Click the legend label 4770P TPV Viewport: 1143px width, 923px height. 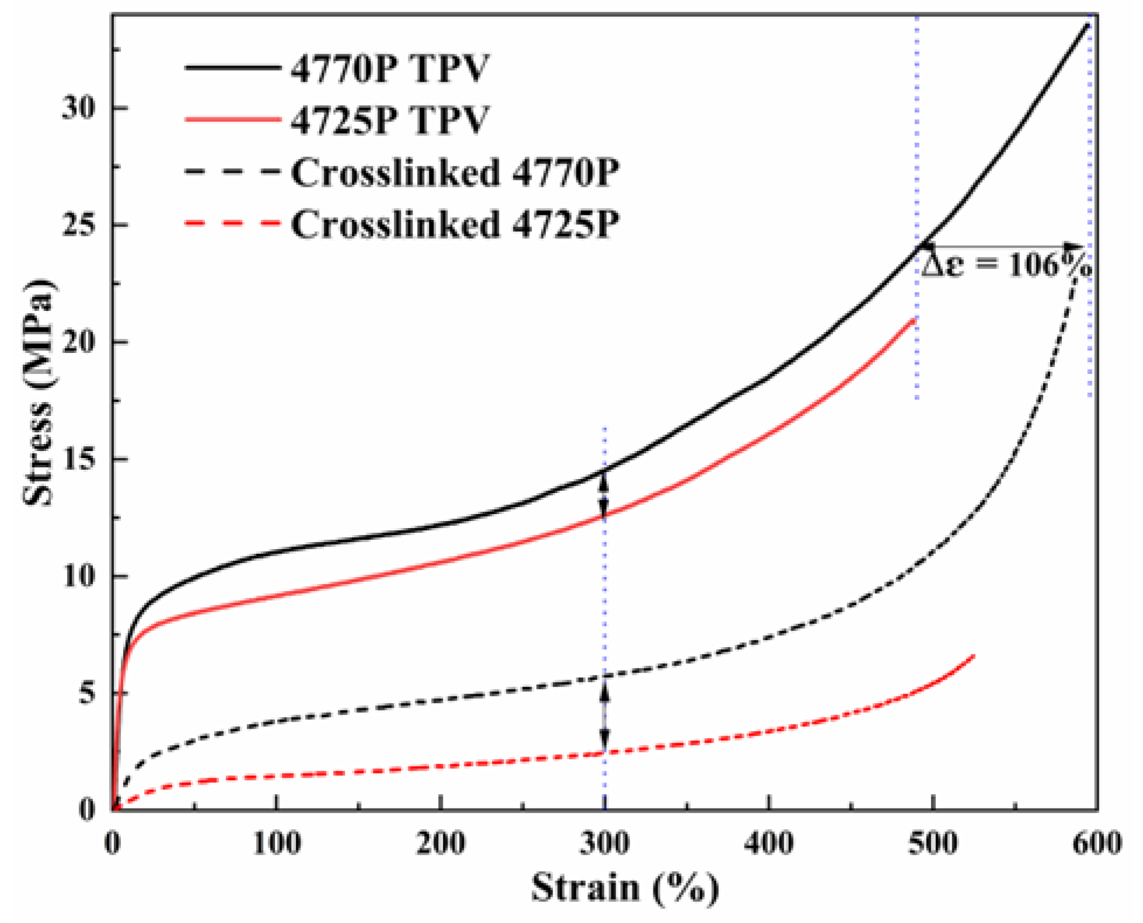(x=390, y=69)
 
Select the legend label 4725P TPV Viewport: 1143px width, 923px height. (x=390, y=121)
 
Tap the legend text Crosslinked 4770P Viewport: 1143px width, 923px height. (x=455, y=173)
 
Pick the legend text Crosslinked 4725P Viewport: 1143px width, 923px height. (x=455, y=224)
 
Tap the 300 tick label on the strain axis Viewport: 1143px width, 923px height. (x=604, y=844)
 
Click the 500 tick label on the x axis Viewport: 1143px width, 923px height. (x=934, y=844)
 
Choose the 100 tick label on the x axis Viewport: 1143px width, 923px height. (x=277, y=844)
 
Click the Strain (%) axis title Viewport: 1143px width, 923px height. (x=624, y=889)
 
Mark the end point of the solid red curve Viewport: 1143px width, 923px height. (x=914, y=320)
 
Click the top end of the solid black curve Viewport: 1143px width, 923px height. (x=1088, y=25)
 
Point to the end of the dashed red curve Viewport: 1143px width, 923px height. (x=974, y=656)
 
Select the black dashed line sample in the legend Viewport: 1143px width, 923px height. (x=232, y=173)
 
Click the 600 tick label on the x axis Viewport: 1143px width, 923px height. (x=1097, y=844)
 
